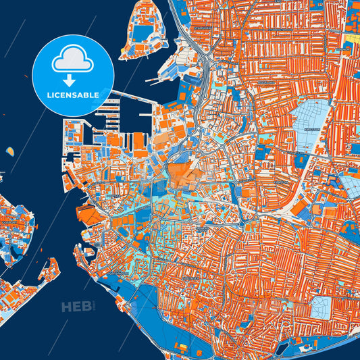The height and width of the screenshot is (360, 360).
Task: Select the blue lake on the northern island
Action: (143, 32)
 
